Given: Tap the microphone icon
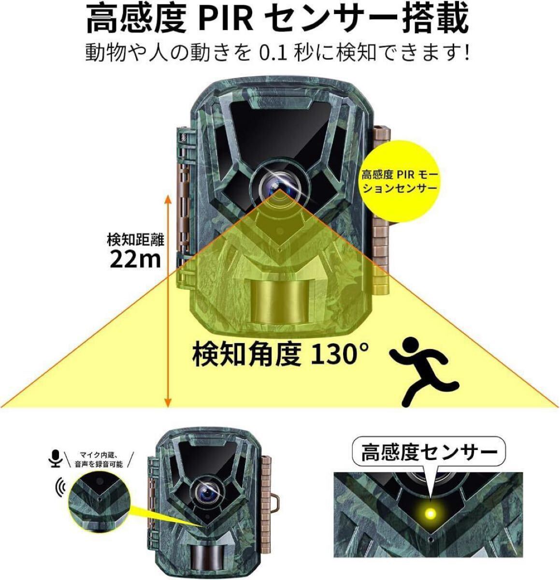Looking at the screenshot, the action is [x=57, y=458].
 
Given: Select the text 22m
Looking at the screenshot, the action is [x=135, y=260].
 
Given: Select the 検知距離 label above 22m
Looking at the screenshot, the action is [x=136, y=239].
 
